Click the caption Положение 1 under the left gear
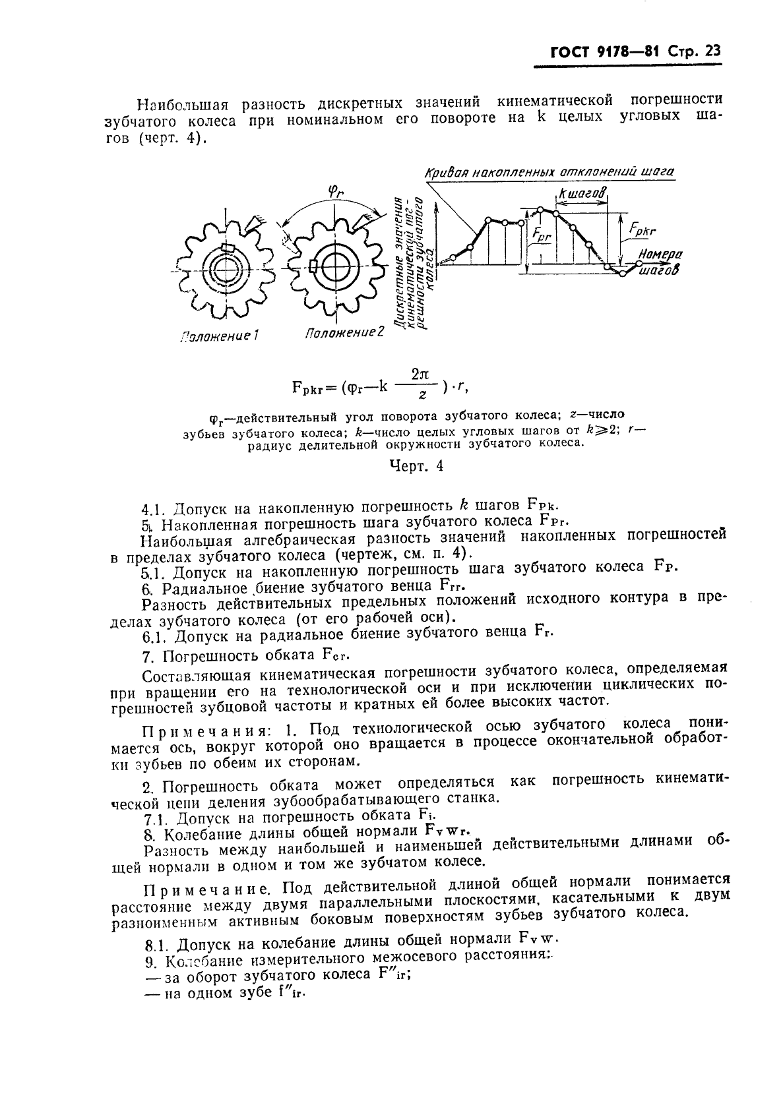219,336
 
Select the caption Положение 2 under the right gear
344,333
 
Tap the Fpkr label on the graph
642,229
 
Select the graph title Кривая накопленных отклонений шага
549,172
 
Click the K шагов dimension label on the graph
582,193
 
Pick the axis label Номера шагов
660,262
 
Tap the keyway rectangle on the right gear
313,266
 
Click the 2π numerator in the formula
420,374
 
